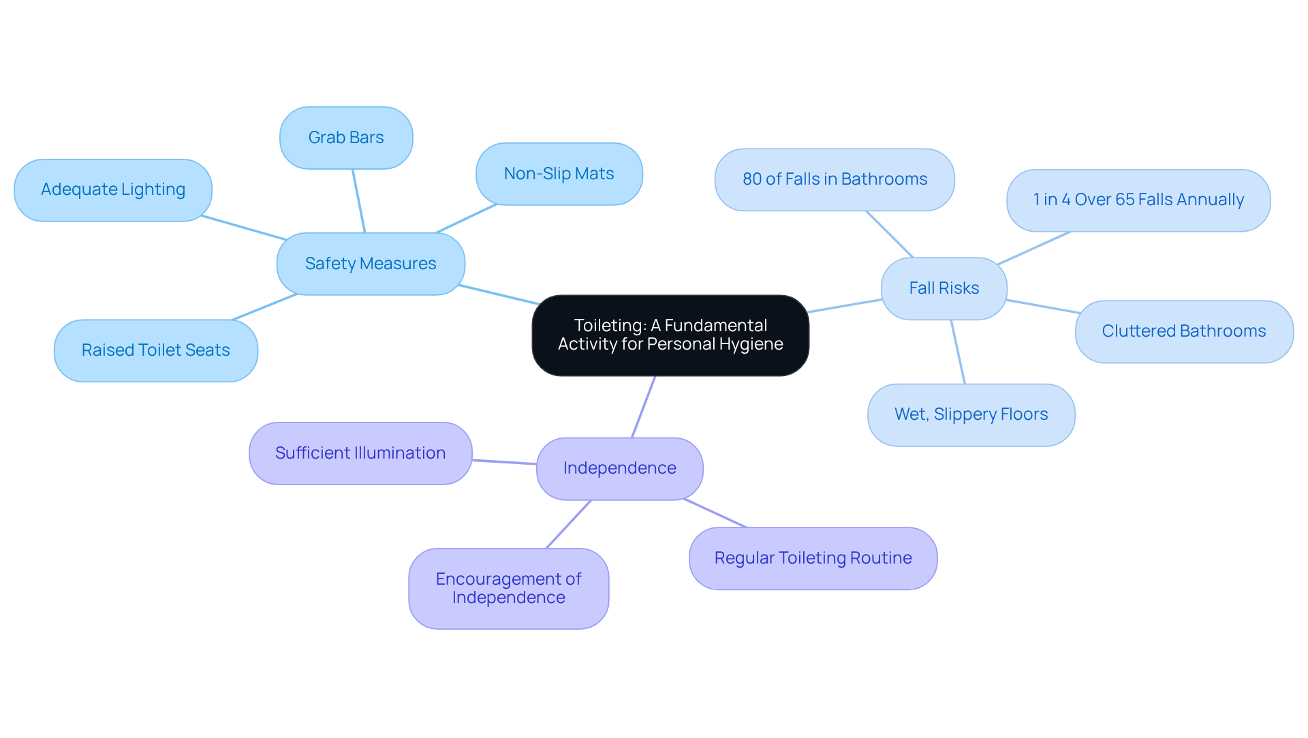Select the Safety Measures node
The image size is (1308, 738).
click(371, 264)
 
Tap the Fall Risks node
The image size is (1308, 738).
click(944, 288)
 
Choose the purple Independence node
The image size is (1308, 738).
click(619, 468)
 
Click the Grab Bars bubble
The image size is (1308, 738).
click(346, 138)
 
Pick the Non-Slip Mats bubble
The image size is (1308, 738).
click(559, 174)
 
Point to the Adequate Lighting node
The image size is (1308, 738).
click(113, 189)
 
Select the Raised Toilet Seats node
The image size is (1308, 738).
click(155, 350)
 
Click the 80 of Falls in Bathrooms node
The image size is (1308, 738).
click(835, 179)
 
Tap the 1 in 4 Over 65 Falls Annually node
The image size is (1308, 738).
click(1138, 200)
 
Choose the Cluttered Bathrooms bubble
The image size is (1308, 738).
click(1183, 331)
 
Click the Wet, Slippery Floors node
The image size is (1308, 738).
click(971, 414)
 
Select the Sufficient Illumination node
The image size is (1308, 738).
click(360, 453)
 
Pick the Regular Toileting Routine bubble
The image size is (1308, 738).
click(813, 558)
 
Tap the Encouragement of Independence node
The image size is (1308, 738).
click(508, 588)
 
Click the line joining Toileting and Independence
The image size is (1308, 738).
click(644, 406)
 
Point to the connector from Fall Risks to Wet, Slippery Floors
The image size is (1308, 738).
click(958, 352)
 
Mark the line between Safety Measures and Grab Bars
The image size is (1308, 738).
click(359, 201)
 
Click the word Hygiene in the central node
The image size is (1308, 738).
click(752, 344)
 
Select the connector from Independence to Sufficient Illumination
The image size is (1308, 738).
click(504, 462)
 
